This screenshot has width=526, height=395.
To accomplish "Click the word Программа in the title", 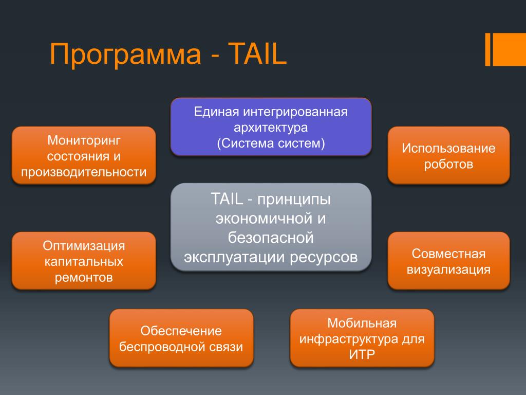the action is click(125, 55).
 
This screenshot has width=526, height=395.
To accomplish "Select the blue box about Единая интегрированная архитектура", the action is click(271, 127).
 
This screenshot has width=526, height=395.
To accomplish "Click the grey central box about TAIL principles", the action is click(271, 227).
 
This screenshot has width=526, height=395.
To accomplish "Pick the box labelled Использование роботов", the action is click(448, 155).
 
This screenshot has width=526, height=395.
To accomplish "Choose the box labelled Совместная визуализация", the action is click(448, 261).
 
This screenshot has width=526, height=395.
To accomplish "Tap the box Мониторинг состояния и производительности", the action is click(84, 155).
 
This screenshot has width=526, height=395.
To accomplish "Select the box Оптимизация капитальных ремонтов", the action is click(84, 261).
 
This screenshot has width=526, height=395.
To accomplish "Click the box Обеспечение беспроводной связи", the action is click(181, 338).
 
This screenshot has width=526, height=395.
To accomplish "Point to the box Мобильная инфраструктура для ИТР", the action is click(362, 338).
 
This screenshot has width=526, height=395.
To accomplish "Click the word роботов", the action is click(448, 165).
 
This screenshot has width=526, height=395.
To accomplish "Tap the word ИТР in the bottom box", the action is click(362, 355).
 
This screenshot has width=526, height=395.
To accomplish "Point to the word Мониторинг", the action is click(84, 139).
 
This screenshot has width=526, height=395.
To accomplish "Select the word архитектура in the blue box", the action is click(271, 127).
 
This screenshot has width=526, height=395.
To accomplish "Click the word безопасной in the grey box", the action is click(271, 237).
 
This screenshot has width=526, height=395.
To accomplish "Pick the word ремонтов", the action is click(84, 278).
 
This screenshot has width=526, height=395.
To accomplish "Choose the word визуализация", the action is click(448, 270).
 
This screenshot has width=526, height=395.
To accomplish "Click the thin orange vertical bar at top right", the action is click(487, 49).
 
